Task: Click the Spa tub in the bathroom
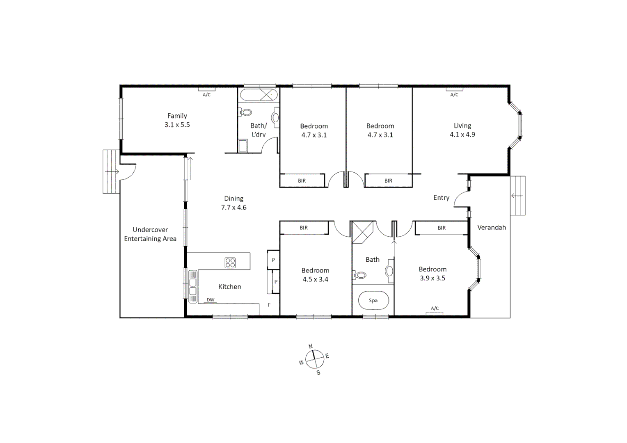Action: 373,300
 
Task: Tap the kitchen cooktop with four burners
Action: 230,263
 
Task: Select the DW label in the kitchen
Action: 210,300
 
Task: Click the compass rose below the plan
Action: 314,359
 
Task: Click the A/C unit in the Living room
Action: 454,89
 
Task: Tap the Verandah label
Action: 491,227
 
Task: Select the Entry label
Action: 441,198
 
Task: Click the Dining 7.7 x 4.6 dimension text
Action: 233,208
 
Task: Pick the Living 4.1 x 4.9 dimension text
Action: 462,135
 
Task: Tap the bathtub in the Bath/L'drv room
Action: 259,95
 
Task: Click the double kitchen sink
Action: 192,287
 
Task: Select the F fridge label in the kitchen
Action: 269,305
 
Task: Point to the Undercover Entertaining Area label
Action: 150,234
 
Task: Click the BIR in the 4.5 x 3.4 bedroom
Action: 304,228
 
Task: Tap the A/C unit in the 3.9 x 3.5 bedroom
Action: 435,313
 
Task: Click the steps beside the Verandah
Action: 517,196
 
